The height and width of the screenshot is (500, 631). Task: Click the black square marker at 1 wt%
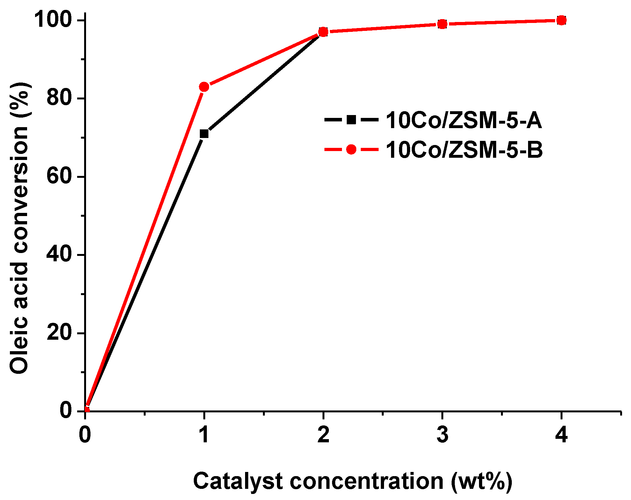pyautogui.click(x=204, y=134)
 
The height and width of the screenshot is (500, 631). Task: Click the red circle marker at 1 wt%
pyautogui.click(x=204, y=87)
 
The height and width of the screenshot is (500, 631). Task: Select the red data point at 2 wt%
pyautogui.click(x=323, y=32)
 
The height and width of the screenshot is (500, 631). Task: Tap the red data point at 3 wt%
pyautogui.click(x=442, y=24)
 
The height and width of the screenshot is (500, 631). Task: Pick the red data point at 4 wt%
pyautogui.click(x=561, y=20)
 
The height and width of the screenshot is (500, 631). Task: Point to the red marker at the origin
pyautogui.click(x=86, y=410)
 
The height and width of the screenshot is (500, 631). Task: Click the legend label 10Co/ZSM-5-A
pyautogui.click(x=464, y=120)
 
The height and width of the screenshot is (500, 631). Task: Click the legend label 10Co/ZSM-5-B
pyautogui.click(x=464, y=150)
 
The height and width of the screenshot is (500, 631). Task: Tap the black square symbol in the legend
pyautogui.click(x=351, y=120)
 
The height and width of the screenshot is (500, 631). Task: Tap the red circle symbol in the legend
pyautogui.click(x=351, y=149)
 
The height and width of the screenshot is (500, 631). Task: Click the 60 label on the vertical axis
pyautogui.click(x=60, y=176)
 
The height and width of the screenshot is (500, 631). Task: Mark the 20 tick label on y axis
pyautogui.click(x=60, y=333)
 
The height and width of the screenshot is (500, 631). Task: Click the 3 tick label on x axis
pyautogui.click(x=442, y=434)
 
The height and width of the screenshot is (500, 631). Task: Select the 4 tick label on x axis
pyautogui.click(x=561, y=434)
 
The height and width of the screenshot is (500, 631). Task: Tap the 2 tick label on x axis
pyautogui.click(x=323, y=434)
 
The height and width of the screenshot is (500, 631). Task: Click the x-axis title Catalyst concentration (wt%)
pyautogui.click(x=352, y=481)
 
